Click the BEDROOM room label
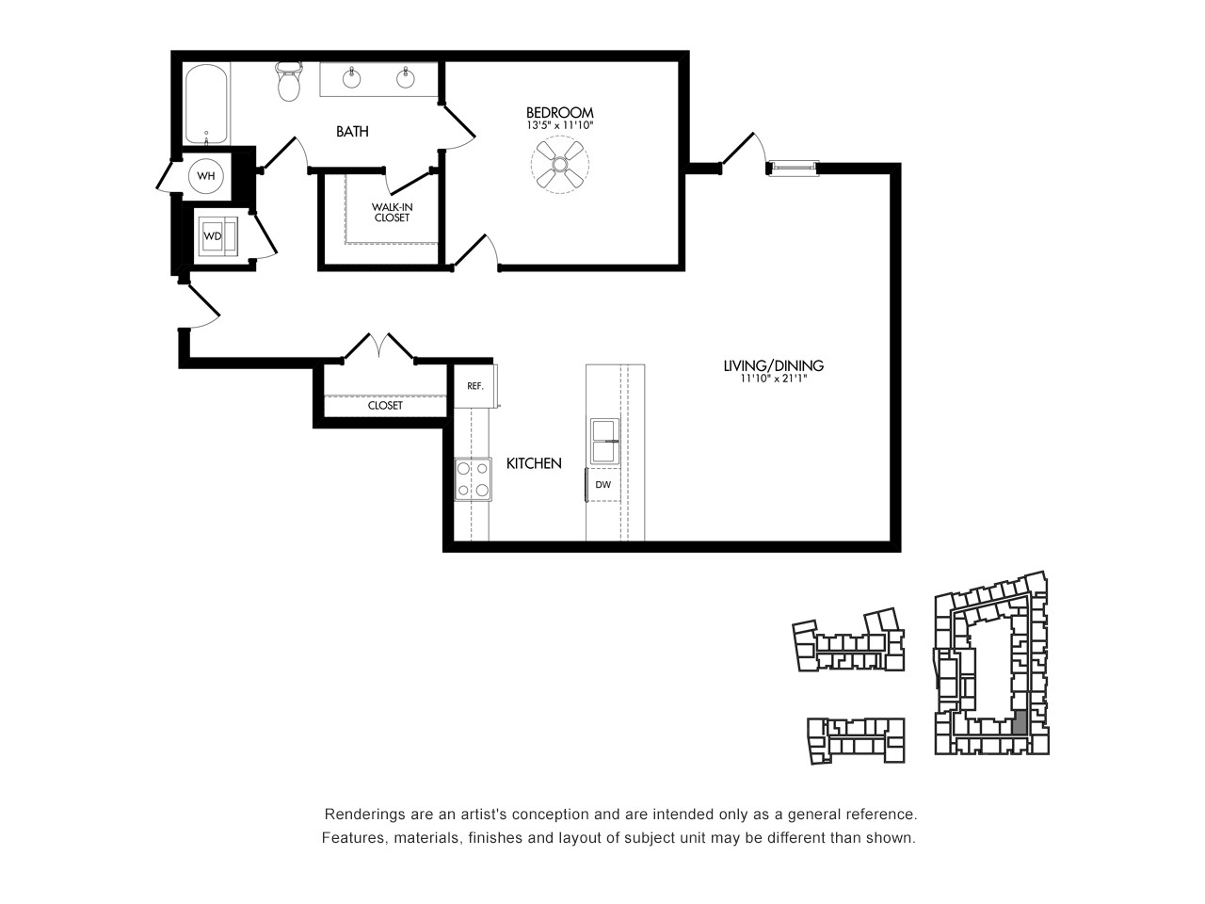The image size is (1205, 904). pos(559,112)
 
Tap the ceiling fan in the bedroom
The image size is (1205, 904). pos(560,164)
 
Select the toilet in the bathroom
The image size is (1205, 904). pos(289,81)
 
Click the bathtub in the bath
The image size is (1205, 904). pos(206,105)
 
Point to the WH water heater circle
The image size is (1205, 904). pos(206,176)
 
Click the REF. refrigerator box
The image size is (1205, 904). pos(475,386)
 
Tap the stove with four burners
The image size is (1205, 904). pos(473,479)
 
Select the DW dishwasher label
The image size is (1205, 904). pos(602,485)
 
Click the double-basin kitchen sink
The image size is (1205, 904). pos(605,442)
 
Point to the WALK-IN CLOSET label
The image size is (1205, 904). pos(392,213)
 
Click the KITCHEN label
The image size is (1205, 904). pos(534,463)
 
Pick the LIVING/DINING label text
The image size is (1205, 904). pos(774,365)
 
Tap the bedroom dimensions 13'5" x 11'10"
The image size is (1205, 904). pos(560,125)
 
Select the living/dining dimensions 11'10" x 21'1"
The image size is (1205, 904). pos(774,379)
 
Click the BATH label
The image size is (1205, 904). pos(352,132)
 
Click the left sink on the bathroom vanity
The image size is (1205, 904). pos(352,78)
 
